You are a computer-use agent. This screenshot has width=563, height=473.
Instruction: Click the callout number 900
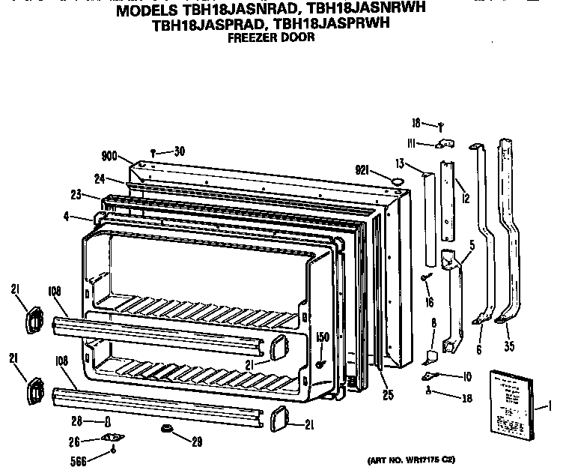(x=109, y=157)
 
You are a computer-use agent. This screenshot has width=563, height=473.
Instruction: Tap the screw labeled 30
(x=153, y=151)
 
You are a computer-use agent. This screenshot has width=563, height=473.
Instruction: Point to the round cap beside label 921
(x=397, y=180)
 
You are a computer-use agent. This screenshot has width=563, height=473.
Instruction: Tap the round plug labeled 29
(x=163, y=430)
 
